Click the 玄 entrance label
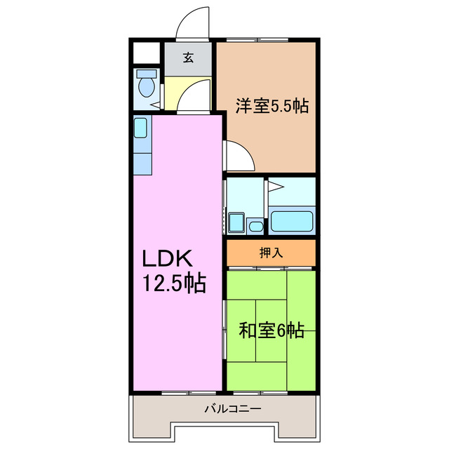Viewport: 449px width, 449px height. (188, 58)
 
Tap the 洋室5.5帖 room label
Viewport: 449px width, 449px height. (272, 106)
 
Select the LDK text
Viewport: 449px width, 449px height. (167, 259)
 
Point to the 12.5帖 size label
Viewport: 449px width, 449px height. (174, 283)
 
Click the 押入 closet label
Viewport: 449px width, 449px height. (271, 253)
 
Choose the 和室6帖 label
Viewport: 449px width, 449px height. (272, 330)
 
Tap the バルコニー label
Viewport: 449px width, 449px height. (232, 408)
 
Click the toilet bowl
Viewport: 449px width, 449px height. (147, 86)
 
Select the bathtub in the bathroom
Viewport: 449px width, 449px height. (292, 221)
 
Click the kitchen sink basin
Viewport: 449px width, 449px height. (140, 128)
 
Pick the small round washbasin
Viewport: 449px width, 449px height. (255, 227)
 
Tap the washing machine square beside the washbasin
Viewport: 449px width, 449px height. (236, 222)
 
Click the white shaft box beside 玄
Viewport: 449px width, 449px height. (147, 53)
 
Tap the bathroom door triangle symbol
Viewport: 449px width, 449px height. (276, 187)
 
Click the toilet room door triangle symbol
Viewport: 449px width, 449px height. (156, 105)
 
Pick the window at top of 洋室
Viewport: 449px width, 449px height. (257, 39)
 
